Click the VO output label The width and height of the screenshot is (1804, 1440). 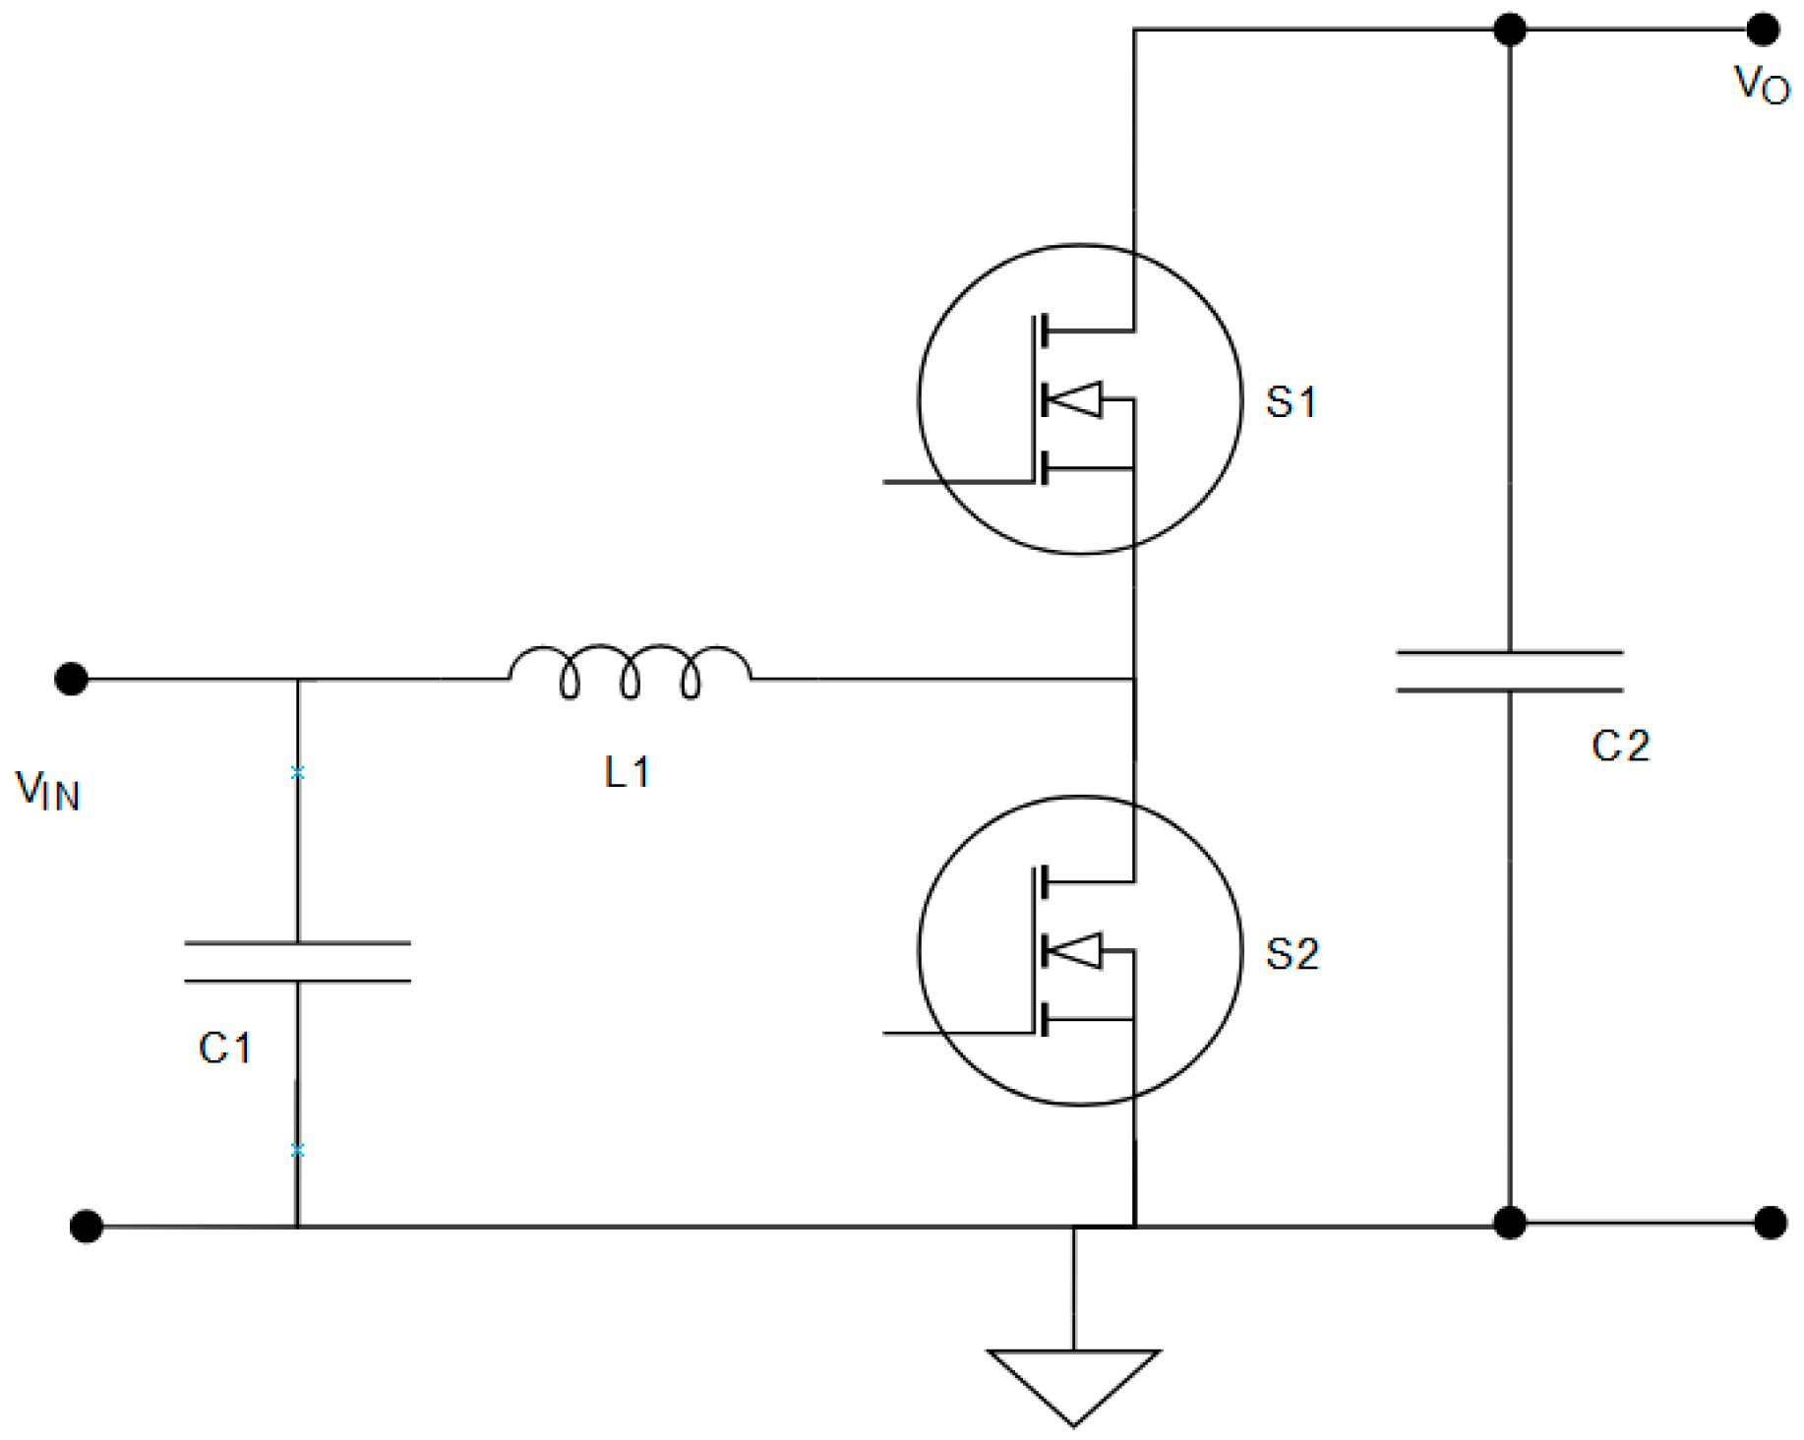(x=1761, y=85)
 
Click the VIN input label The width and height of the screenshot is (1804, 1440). (x=47, y=790)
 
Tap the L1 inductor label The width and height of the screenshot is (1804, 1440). (x=627, y=772)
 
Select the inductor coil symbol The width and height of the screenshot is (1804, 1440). (x=630, y=672)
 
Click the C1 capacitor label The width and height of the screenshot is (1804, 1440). (x=225, y=1049)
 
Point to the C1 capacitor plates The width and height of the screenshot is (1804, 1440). (x=297, y=962)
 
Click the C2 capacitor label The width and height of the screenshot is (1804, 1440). (x=1620, y=747)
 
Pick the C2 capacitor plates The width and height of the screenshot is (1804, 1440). (x=1509, y=671)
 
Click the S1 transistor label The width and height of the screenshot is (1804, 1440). (x=1291, y=402)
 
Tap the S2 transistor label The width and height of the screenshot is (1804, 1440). (x=1292, y=954)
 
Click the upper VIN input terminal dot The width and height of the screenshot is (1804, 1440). (x=71, y=679)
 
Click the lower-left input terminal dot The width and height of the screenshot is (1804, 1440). (x=87, y=1227)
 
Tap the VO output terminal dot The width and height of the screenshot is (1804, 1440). (x=1763, y=30)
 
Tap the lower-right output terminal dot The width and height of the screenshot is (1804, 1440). (x=1771, y=1223)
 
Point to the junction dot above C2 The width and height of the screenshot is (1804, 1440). (x=1510, y=30)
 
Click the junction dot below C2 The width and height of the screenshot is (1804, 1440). (x=1510, y=1223)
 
